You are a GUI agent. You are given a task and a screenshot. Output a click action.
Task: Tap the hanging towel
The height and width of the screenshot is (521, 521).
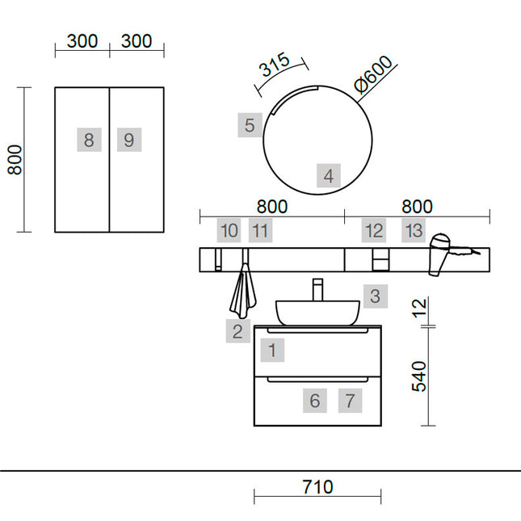tap(243, 290)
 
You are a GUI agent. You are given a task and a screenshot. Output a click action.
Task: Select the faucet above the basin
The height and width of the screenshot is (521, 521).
tap(317, 289)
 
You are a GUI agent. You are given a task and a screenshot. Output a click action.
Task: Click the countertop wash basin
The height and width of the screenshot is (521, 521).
tap(317, 313)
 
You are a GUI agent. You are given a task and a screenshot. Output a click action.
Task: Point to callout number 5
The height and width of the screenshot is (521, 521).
tap(250, 125)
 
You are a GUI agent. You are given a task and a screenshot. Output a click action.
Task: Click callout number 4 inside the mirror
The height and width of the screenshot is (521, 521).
tap(329, 176)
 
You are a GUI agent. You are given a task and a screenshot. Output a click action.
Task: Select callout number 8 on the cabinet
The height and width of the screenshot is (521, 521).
tap(89, 140)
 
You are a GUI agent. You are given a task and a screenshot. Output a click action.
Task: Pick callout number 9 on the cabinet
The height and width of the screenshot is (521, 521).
tap(129, 140)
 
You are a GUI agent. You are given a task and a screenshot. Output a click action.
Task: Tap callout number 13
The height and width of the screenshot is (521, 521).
tap(414, 230)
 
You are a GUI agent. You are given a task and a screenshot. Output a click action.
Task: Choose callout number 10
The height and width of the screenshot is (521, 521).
tap(229, 230)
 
